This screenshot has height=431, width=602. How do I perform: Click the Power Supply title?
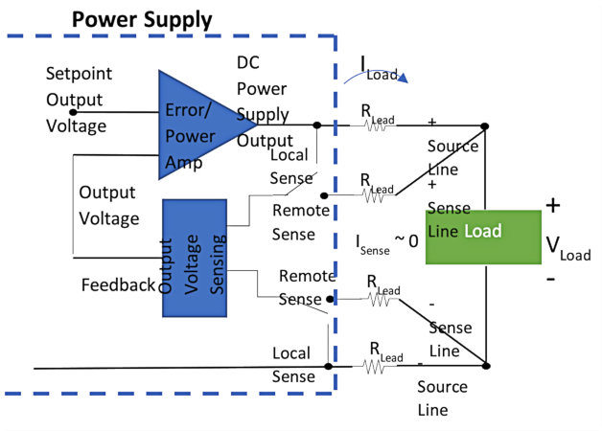click(x=142, y=19)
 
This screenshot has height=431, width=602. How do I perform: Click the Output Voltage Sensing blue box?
click(x=195, y=258)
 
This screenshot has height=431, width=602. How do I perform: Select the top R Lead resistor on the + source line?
click(x=375, y=125)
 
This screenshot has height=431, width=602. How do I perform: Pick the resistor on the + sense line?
click(x=375, y=193)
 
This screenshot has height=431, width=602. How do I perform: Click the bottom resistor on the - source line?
click(x=375, y=365)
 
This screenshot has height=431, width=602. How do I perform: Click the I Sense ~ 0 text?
click(x=383, y=243)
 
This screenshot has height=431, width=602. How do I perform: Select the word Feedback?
click(x=117, y=284)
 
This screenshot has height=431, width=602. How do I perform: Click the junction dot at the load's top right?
click(x=486, y=125)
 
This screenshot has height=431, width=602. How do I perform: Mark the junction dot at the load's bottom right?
click(x=486, y=365)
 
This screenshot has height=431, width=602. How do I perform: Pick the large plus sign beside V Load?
click(x=554, y=204)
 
